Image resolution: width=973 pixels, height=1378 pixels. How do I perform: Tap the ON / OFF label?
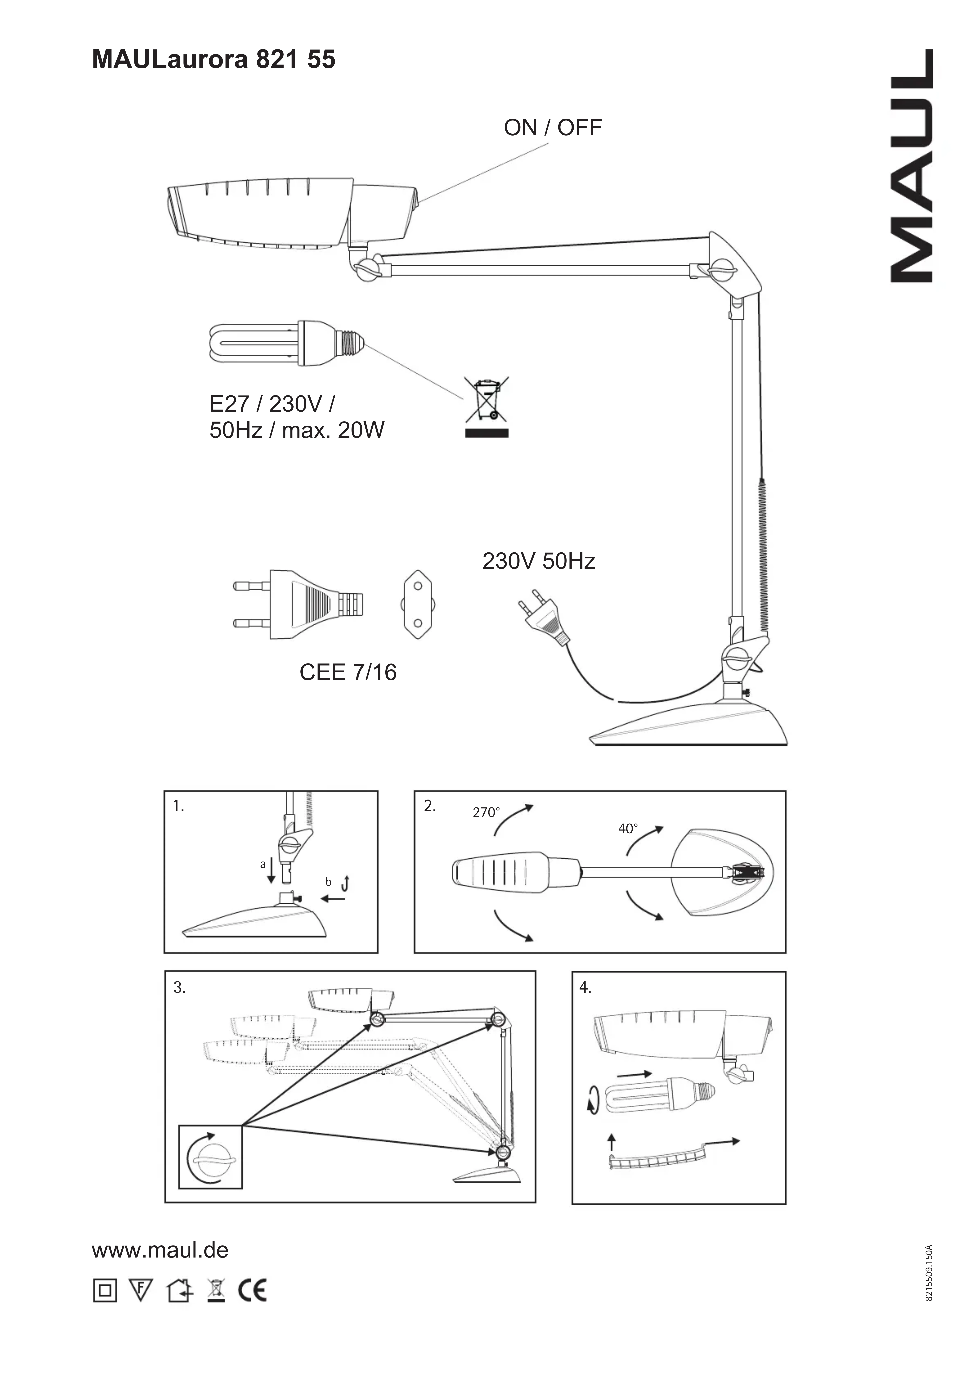pos(553,128)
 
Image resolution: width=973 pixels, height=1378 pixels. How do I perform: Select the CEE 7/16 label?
pos(348,672)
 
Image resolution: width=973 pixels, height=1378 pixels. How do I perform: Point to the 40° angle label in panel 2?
pos(628,829)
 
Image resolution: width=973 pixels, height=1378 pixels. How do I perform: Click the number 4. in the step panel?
pos(586,987)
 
